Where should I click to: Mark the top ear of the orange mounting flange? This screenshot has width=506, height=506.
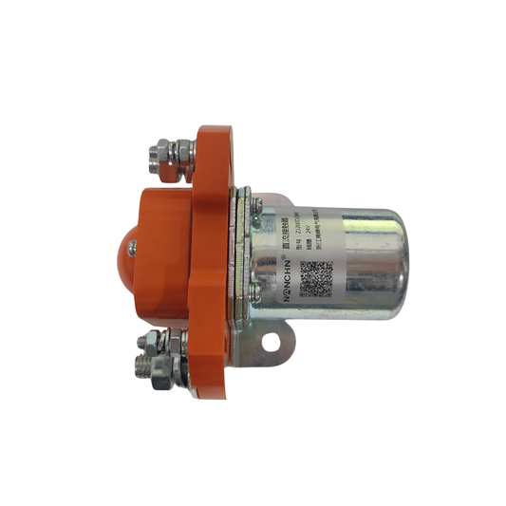tap(213, 142)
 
